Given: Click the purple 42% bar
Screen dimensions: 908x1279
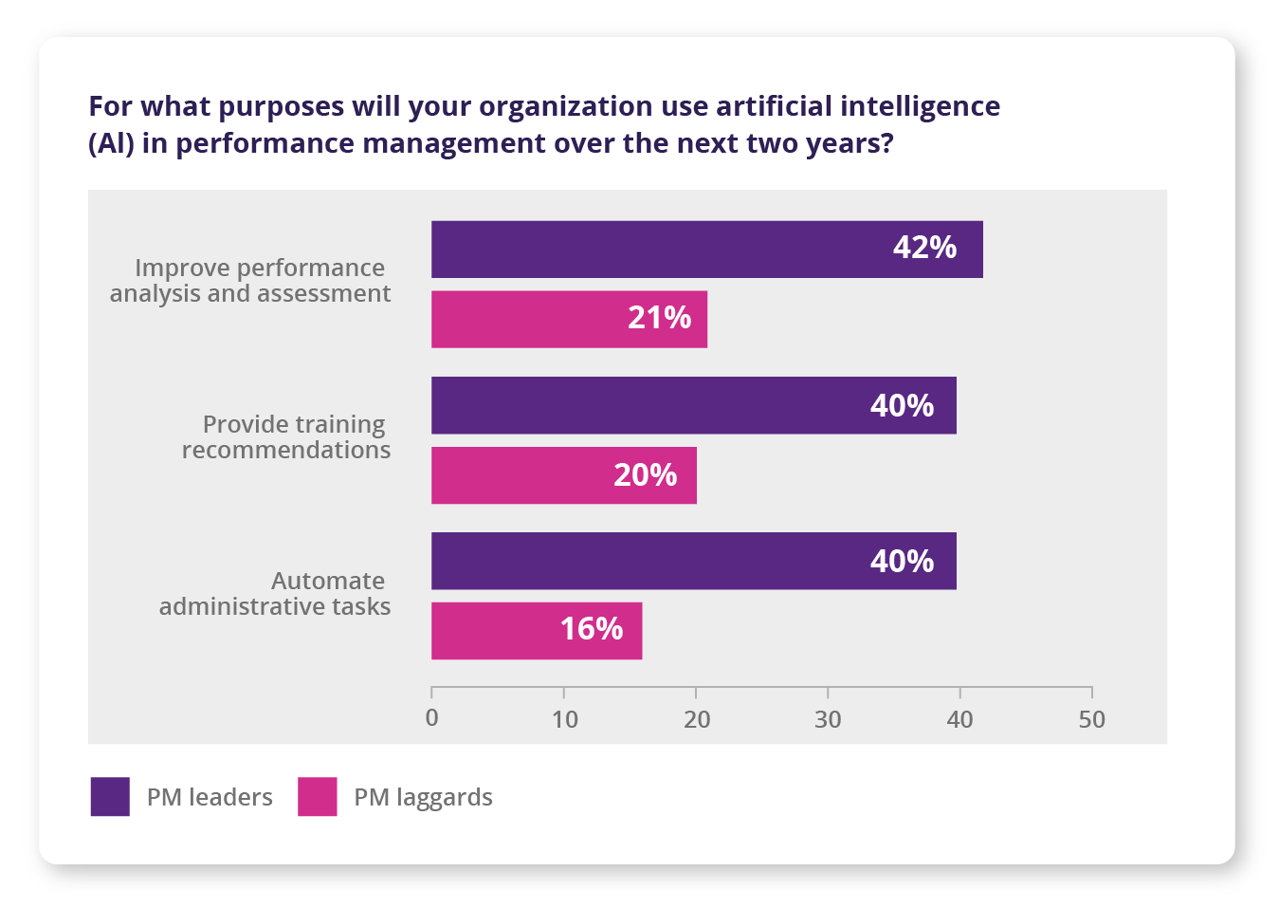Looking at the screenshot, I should pos(706,250).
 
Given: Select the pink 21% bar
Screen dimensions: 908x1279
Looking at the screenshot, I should pos(569,319).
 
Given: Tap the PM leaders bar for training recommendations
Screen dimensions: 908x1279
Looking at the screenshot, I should pos(693,405).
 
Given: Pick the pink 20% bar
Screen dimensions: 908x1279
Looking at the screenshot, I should pos(563,475).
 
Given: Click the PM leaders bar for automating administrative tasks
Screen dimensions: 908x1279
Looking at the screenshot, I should pos(693,561).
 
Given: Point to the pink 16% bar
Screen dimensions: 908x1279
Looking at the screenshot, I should pos(537,630).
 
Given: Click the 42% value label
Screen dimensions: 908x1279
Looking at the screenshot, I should pos(924,248).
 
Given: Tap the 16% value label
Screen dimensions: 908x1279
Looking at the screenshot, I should pos(591,629).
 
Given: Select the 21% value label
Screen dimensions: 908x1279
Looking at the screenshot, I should pos(659,318).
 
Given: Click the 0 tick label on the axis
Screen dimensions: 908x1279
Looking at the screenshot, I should pos(432,719).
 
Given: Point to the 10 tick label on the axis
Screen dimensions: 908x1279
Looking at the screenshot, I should pos(564,720).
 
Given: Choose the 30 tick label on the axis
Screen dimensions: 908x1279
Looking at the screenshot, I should pos(828,720).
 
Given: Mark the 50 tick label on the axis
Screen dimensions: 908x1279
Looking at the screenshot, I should pos(1091,720).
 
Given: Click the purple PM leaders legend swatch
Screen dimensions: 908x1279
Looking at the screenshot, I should pos(110,797).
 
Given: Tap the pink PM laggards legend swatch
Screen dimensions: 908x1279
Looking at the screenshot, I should pos(317,797).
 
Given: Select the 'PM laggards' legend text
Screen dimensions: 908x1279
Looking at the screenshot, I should pos(423,798).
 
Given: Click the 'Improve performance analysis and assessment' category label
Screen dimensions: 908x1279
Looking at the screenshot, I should pos(250,281).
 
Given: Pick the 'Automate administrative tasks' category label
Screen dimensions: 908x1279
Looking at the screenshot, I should pos(275,594).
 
